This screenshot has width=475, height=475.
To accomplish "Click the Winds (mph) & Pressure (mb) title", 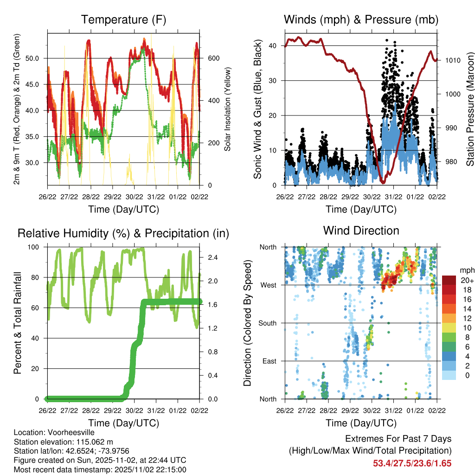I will coord(361,19).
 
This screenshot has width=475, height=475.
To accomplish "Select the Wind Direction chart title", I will coord(361,231).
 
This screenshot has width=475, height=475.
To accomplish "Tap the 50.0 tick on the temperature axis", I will coord(37,58).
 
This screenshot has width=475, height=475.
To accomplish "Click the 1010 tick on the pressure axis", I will coord(452,60).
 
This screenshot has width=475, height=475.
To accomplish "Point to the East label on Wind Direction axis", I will coord(269,361).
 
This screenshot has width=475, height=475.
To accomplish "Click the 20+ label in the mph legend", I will coord(467,280).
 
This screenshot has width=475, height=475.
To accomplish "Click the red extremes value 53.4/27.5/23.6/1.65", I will coord(412,463).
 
